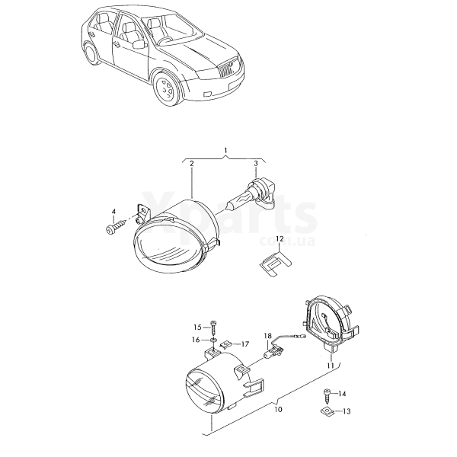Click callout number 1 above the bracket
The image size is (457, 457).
[225, 150]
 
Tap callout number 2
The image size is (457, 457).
[191, 164]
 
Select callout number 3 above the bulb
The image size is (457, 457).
[256, 164]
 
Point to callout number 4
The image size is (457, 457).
[113, 211]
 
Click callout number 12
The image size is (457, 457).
[280, 239]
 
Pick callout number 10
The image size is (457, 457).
[278, 410]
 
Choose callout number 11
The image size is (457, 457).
[331, 366]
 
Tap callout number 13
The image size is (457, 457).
[347, 411]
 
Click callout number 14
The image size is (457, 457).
[342, 394]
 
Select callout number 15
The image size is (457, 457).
[197, 328]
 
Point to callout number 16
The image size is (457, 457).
[197, 340]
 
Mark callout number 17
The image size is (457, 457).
[245, 344]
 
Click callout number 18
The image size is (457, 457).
[268, 336]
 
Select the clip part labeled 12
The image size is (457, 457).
[275, 264]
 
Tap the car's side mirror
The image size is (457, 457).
[139, 44]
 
